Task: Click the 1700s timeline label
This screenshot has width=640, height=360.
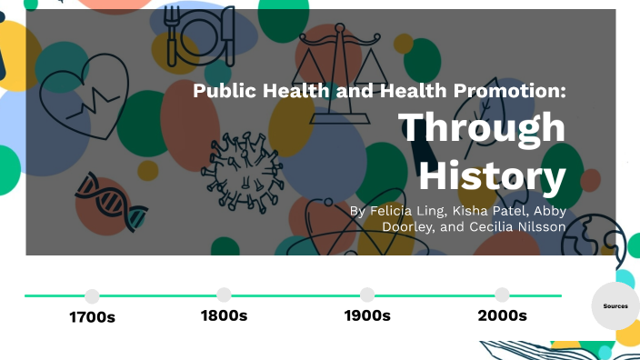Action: pyautogui.click(x=92, y=317)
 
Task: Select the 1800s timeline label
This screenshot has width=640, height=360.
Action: pyautogui.click(x=224, y=315)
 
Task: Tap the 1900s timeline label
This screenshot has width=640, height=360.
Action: pyautogui.click(x=367, y=315)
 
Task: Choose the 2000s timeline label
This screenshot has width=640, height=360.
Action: pyautogui.click(x=502, y=315)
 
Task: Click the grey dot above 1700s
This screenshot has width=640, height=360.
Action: pyautogui.click(x=92, y=295)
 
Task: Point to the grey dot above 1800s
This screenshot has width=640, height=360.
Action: pyautogui.click(x=224, y=295)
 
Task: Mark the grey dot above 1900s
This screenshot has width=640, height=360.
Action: pyautogui.click(x=367, y=295)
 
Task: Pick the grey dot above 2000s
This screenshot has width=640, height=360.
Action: pyautogui.click(x=502, y=295)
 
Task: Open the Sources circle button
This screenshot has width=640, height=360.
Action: pyautogui.click(x=615, y=306)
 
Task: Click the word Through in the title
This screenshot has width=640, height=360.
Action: pyautogui.click(x=483, y=127)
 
